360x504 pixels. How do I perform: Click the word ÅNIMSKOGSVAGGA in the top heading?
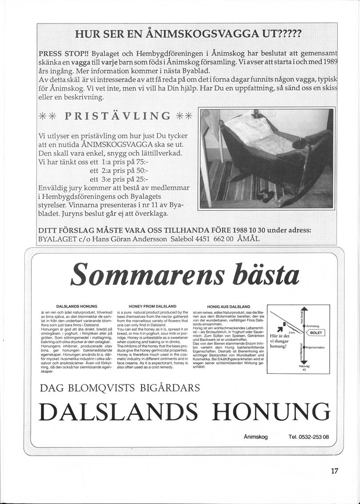(209, 34)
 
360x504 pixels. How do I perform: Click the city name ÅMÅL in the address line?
(253, 239)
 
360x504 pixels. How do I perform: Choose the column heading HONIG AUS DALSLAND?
(228, 307)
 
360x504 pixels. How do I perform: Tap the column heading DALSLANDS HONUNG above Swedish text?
(76, 307)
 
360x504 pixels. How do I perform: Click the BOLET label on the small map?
(316, 332)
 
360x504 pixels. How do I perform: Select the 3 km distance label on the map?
(292, 332)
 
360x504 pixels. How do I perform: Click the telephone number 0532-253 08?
(308, 437)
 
